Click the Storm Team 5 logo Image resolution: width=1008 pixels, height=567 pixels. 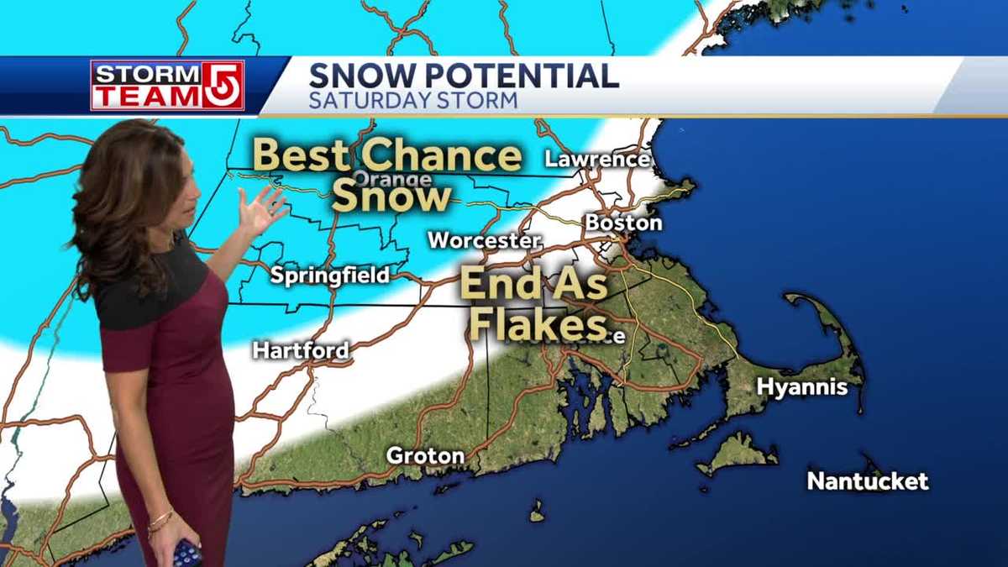(x=167, y=86)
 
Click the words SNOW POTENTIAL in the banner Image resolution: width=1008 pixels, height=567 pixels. (x=464, y=76)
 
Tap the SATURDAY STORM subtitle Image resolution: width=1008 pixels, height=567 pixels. (x=412, y=102)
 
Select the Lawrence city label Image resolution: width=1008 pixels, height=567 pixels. (x=597, y=159)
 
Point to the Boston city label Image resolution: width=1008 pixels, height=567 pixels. (x=623, y=223)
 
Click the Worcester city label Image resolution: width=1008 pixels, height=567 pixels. (x=484, y=240)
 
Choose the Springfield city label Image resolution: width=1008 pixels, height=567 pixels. (x=329, y=276)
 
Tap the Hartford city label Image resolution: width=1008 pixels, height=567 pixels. (x=301, y=350)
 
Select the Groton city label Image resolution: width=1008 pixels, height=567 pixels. (x=425, y=456)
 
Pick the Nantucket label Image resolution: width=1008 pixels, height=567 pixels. (x=868, y=481)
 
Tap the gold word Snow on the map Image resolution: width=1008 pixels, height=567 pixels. (x=391, y=197)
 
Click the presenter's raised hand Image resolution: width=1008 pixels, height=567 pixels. (x=260, y=210)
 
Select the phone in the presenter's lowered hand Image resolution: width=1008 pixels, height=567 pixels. (x=186, y=554)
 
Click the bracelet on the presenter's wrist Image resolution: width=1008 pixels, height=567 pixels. (x=160, y=522)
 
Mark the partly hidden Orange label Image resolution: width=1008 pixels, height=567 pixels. (x=391, y=179)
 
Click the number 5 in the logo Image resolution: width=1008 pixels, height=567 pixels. (x=224, y=86)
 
